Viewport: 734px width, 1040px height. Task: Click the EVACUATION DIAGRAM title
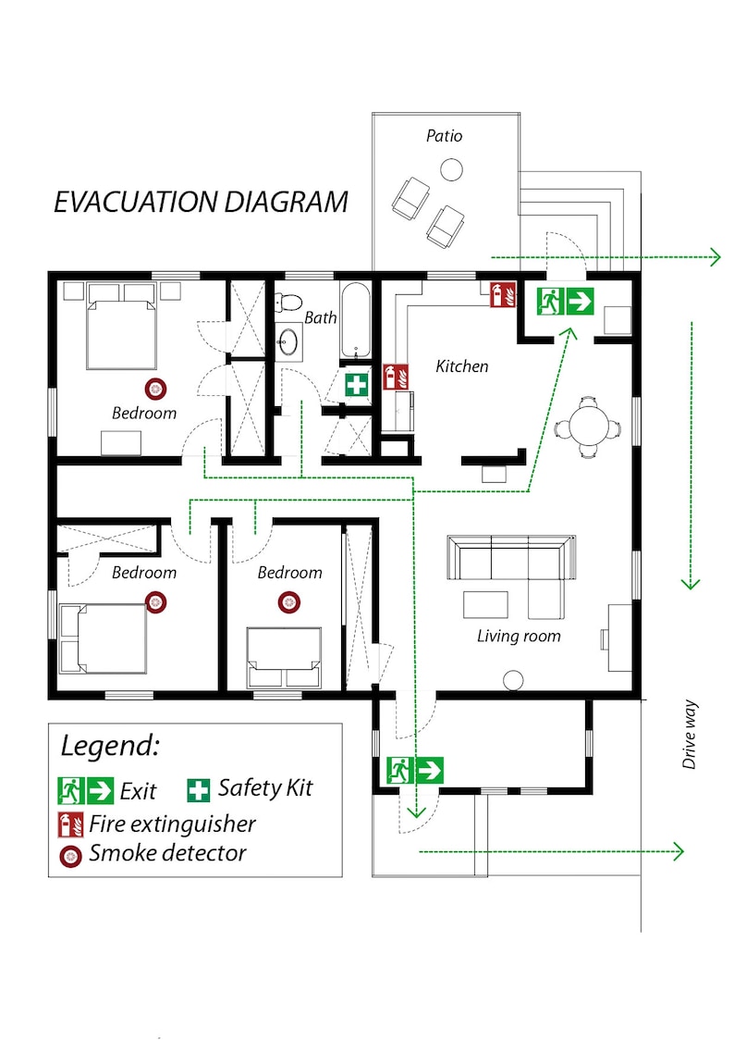(201, 202)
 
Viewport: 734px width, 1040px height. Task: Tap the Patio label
(444, 136)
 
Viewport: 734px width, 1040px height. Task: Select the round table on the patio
(451, 169)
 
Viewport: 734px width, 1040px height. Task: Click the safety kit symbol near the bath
(357, 385)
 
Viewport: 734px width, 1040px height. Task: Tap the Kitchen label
(461, 366)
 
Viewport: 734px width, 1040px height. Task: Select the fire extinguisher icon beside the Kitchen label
(391, 377)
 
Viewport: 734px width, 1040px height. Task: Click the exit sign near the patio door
(565, 301)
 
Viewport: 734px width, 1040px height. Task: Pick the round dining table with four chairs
(589, 427)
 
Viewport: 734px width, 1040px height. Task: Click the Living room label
(519, 636)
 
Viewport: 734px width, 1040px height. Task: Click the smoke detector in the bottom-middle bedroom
(289, 602)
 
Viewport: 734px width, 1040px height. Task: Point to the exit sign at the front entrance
(415, 770)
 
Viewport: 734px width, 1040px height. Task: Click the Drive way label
(689, 736)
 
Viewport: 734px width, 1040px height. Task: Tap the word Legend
(110, 745)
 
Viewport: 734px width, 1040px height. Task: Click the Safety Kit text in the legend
(265, 788)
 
